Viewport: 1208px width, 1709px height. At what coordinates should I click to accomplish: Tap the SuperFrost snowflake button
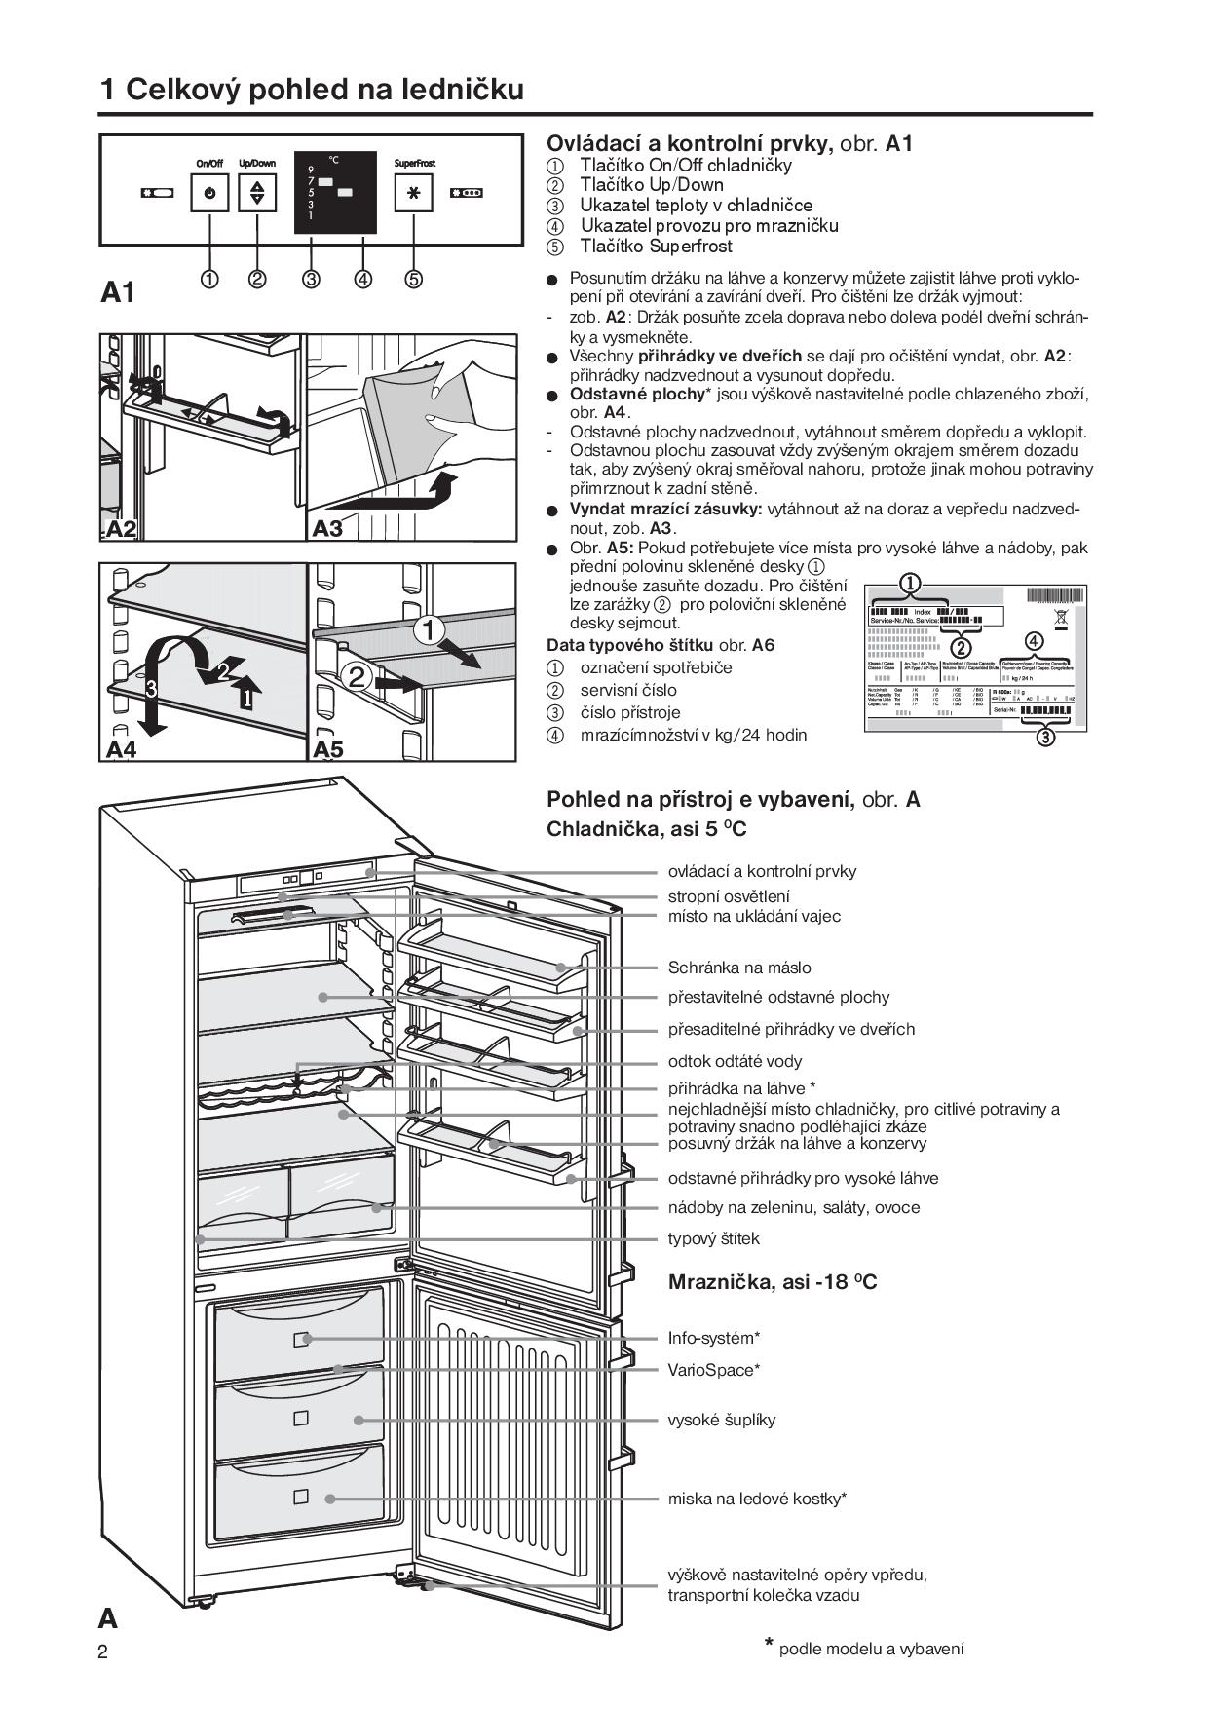point(414,193)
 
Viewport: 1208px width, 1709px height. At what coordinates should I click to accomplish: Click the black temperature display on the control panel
point(336,192)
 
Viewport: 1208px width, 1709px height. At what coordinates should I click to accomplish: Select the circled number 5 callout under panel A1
point(414,280)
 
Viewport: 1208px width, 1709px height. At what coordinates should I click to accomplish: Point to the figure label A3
point(328,528)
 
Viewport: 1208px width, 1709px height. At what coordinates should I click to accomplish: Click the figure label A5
point(328,749)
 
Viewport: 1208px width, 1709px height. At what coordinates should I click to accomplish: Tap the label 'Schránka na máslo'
point(739,968)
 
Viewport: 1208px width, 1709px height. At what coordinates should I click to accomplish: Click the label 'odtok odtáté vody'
point(735,1061)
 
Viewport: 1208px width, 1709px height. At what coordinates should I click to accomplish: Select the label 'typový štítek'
point(713,1238)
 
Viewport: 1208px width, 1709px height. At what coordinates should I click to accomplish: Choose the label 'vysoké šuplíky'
point(722,1420)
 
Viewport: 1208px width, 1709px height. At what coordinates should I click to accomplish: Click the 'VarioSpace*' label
point(714,1370)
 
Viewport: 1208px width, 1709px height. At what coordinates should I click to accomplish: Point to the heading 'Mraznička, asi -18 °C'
point(773,1282)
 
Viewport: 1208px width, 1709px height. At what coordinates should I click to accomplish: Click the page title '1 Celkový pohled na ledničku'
point(312,90)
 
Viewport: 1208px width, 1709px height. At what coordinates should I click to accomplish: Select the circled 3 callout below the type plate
point(1044,737)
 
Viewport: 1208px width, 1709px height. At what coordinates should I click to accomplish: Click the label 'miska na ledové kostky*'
point(757,1499)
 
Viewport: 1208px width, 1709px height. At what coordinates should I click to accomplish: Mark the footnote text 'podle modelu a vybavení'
point(871,1649)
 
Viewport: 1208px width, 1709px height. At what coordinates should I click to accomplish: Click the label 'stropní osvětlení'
point(729,896)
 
